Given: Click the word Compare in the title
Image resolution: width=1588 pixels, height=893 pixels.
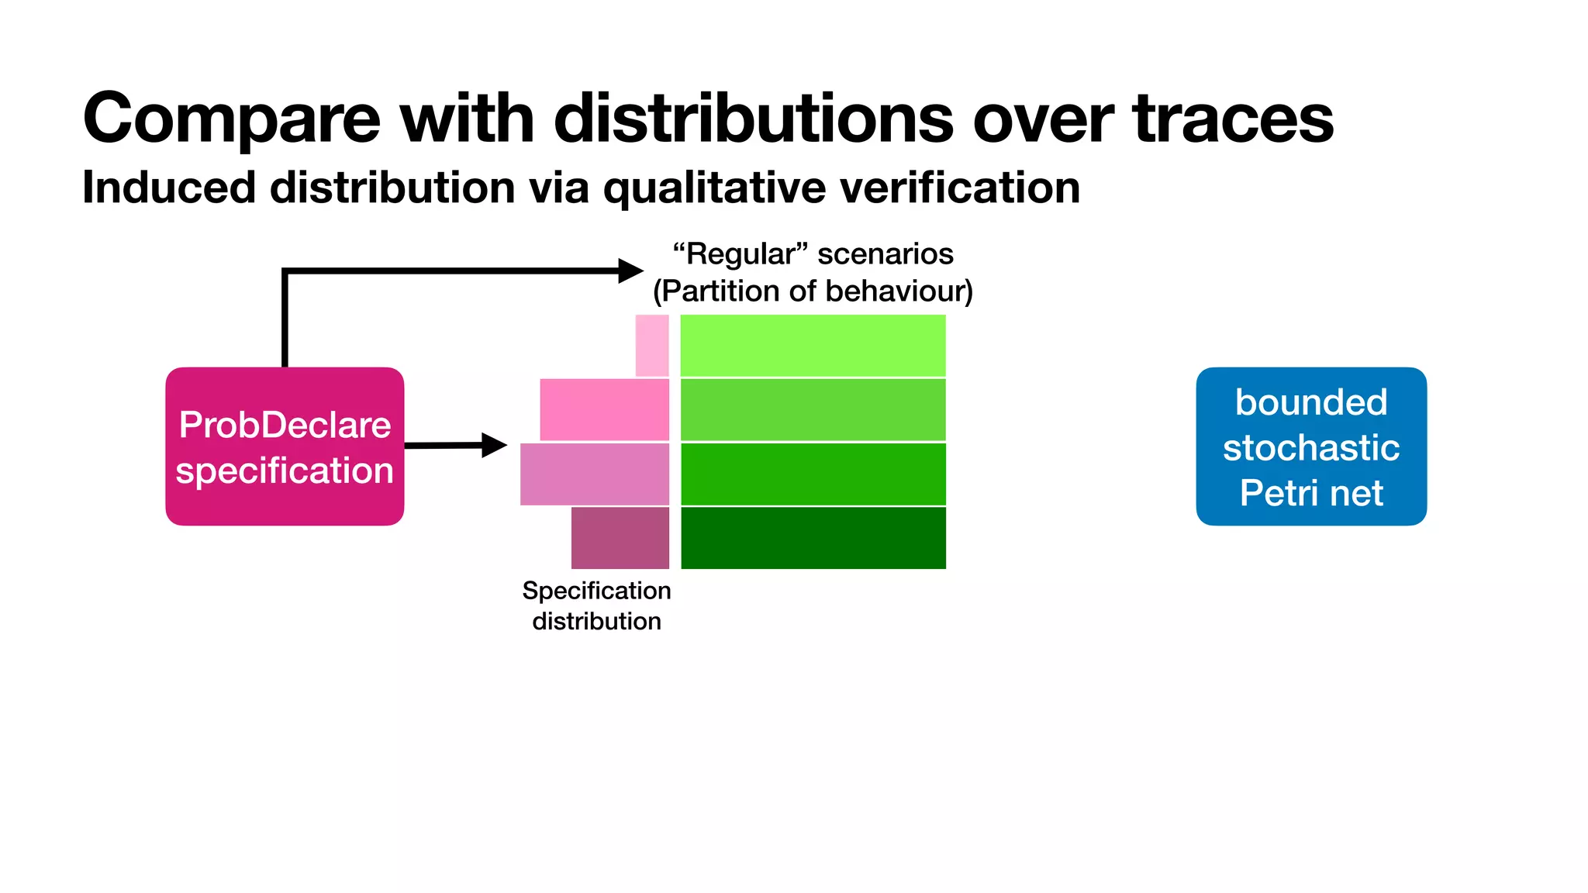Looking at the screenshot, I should pos(231,120).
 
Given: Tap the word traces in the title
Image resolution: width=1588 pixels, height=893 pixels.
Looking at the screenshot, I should pos(1232,120).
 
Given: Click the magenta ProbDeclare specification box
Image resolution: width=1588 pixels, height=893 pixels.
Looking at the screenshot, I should pos(285,446).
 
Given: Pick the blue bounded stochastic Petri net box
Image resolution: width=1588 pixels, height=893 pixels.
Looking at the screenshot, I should pos(1310,446).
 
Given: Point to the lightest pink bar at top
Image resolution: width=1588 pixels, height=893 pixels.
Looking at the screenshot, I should pos(651,346).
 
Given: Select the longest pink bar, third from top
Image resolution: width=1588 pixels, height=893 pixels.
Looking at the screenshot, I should pos(594,474).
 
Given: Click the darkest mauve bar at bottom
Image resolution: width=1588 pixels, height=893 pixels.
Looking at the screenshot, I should pos(620,537).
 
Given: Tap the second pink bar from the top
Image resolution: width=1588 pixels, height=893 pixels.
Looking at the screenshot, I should pos(604,409).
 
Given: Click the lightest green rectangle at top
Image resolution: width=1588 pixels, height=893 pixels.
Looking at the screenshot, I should pos(813,346).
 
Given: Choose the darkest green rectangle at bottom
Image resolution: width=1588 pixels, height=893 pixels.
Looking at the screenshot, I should pos(813,537).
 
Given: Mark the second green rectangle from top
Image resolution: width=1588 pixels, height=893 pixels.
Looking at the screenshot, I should pos(813,409).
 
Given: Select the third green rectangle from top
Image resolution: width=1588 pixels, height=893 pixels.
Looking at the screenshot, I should pos(813,474).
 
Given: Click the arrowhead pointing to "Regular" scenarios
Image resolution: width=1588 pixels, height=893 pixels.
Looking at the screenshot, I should pos(630,271).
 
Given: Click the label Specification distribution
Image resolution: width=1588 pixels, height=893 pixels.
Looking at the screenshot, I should pos(596,605).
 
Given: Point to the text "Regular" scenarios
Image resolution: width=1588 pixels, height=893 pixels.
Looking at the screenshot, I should pos(813,254).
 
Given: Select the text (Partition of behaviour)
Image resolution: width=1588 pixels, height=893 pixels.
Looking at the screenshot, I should pos(813,291).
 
